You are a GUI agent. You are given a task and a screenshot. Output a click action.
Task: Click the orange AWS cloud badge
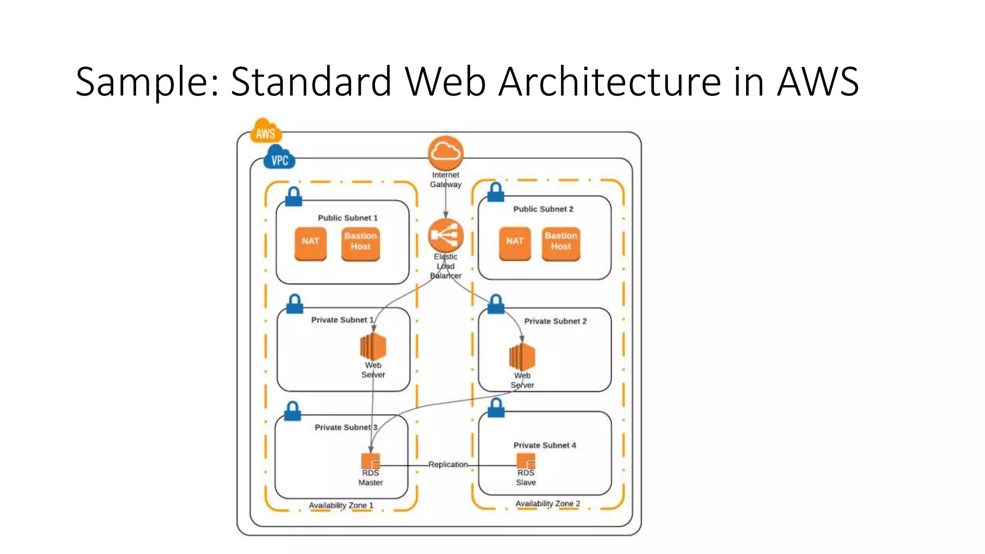265,131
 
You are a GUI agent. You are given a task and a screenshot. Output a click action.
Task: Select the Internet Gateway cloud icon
446,152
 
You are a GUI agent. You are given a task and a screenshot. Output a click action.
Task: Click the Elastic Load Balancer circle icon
446,235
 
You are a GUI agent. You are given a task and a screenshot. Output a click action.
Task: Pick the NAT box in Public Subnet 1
310,243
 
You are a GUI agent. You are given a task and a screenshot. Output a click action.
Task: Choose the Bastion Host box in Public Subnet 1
360,243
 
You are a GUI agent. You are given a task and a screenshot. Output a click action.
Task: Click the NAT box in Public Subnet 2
515,243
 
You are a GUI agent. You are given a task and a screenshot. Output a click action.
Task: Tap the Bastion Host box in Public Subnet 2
561,243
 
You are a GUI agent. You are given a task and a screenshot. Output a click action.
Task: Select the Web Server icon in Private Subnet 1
373,346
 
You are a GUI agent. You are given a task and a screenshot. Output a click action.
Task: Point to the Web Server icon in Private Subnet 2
522,357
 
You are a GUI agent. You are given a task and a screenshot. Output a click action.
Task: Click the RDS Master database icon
371,461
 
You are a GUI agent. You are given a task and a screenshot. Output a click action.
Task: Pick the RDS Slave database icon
526,461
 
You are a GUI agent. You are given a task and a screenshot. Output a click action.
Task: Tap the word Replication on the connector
448,465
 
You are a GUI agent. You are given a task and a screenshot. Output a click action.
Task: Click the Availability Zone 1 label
341,505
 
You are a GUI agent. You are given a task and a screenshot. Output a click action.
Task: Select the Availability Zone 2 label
547,504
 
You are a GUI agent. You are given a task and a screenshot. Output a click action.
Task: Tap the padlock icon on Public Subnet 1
293,197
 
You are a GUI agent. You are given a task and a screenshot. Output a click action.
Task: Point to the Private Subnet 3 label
346,428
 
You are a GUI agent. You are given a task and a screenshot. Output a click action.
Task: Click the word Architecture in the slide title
609,81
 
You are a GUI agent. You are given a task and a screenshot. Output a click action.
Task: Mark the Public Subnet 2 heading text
543,209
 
